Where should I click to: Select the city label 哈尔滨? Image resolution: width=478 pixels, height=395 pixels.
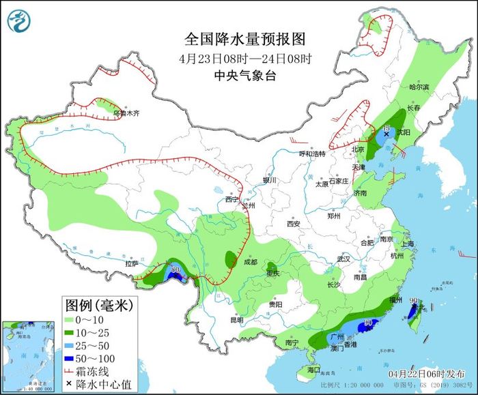419,87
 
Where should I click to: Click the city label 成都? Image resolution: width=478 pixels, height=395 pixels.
249,262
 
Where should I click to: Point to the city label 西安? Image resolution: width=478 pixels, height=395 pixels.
294,223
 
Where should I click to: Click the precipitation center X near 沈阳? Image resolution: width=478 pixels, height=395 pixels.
386,135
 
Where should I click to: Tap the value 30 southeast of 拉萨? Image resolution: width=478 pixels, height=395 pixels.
176,269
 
